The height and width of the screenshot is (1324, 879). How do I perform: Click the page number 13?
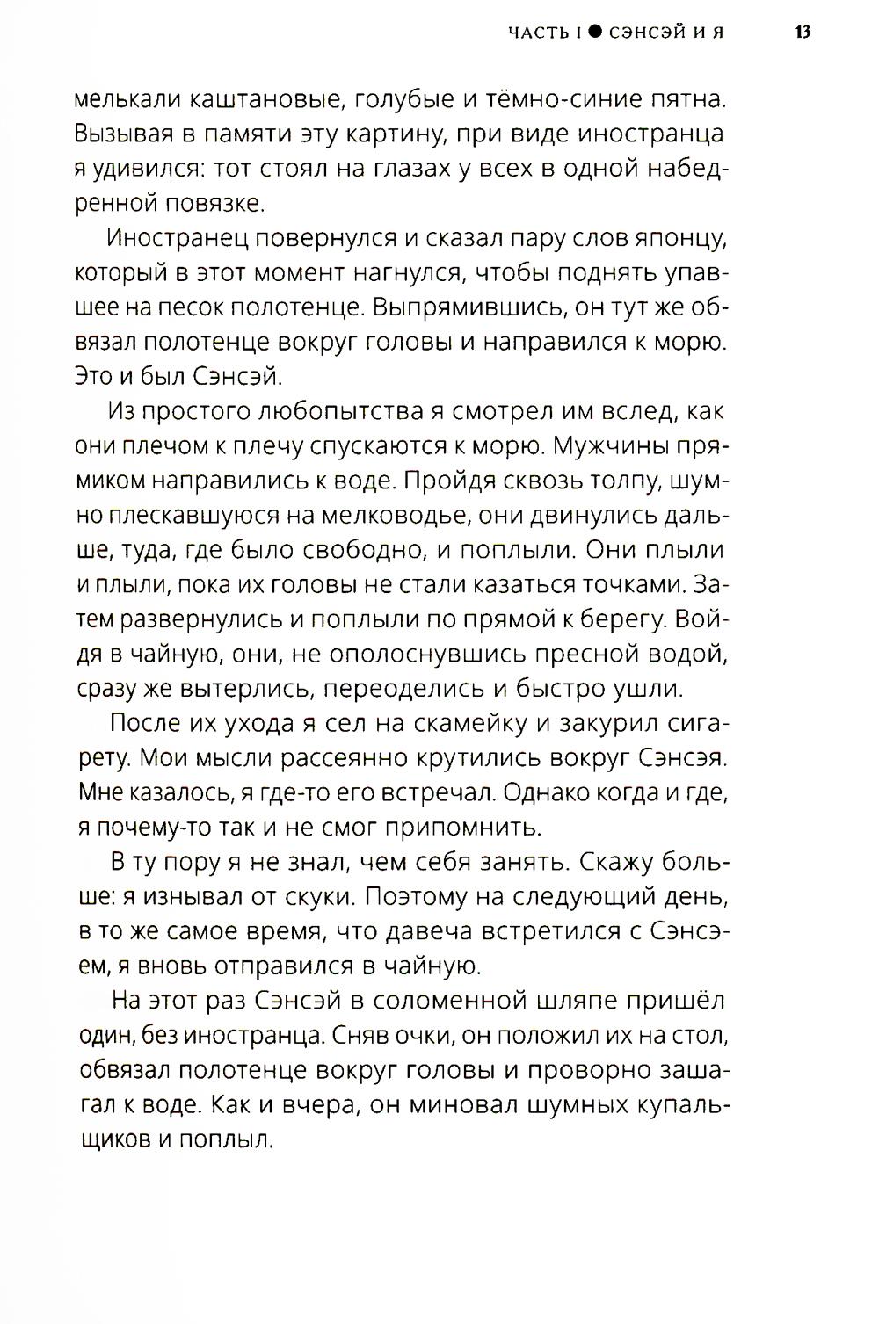pyautogui.click(x=802, y=33)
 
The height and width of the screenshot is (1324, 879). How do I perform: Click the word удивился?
pyautogui.click(x=146, y=169)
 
